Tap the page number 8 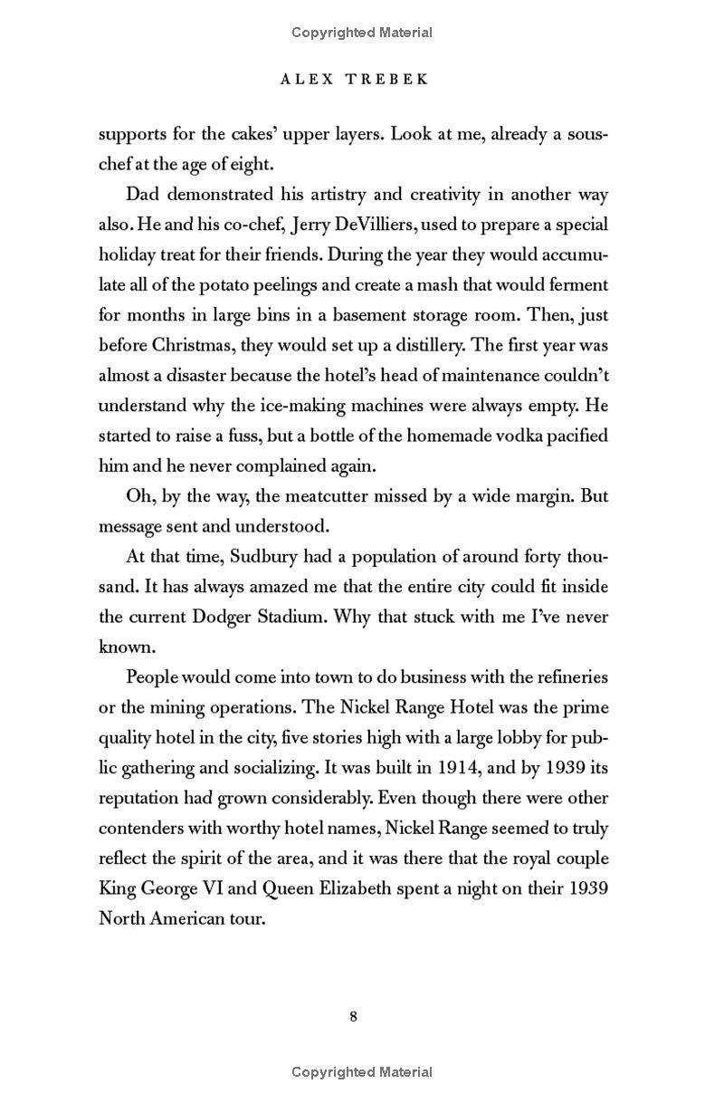pos(353,1016)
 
